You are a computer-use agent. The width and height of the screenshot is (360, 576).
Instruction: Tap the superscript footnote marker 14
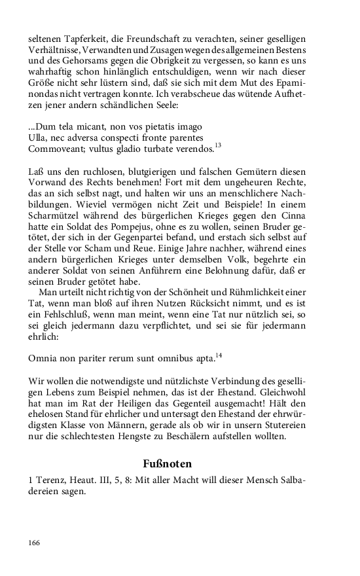219,355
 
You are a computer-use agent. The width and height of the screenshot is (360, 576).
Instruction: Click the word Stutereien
282,431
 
